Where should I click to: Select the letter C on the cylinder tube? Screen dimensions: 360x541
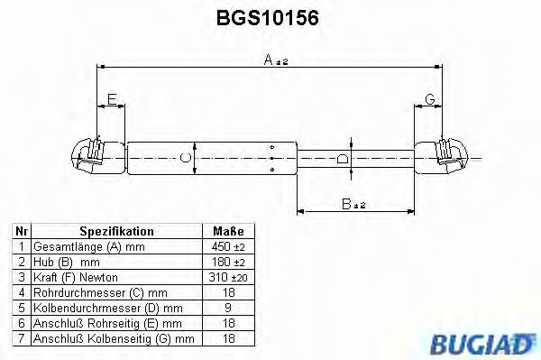[186, 159]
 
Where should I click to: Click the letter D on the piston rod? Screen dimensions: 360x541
[342, 160]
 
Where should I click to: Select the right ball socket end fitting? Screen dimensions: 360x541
[447, 154]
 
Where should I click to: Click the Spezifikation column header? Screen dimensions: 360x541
[116, 231]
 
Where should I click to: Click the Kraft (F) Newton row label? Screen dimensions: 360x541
[76, 277]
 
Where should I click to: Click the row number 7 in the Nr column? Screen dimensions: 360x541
[20, 338]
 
